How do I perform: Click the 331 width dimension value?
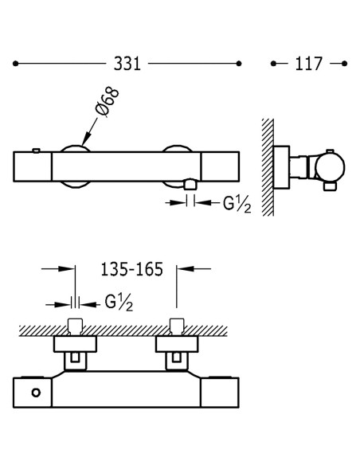pyautogui.click(x=127, y=64)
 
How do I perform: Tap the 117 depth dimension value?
pyautogui.click(x=308, y=64)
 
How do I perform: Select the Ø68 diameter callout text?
pyautogui.click(x=107, y=101)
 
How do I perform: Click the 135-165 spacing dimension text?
pyautogui.click(x=132, y=269)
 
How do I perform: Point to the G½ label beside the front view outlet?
pyautogui.click(x=237, y=204)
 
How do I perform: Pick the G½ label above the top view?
pyautogui.click(x=119, y=303)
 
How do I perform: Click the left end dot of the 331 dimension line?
pyautogui.click(x=16, y=64)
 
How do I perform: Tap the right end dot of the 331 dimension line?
pyautogui.click(x=239, y=64)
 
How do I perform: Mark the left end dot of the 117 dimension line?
pyautogui.click(x=273, y=64)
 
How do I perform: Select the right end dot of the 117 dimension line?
pyautogui.click(x=344, y=64)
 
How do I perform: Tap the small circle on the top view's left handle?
pyautogui.click(x=36, y=393)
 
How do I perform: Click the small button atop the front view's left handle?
pyautogui.click(x=36, y=150)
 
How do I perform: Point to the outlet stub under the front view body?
pyautogui.click(x=190, y=184)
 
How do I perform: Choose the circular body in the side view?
pyautogui.click(x=330, y=167)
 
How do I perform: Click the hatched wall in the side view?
pyautogui.click(x=268, y=167)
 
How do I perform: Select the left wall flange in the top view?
pyautogui.click(x=76, y=344)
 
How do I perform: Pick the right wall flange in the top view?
pyautogui.click(x=177, y=344)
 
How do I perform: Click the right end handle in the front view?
pyautogui.click(x=220, y=166)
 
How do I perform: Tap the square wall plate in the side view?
pyautogui.click(x=281, y=167)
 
